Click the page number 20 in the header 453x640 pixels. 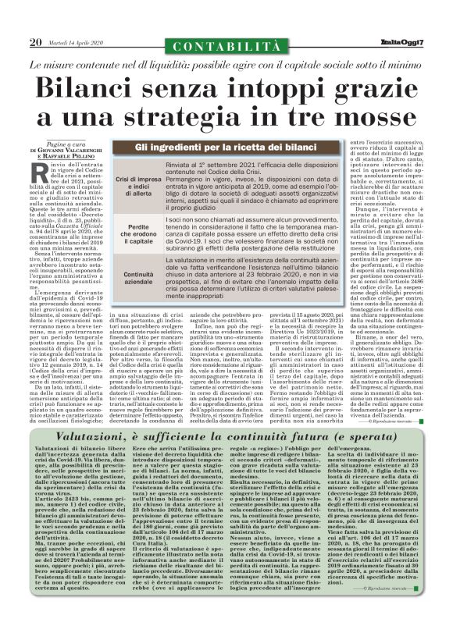pyautogui.click(x=36, y=41)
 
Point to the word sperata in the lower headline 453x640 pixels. pyautogui.click(x=389, y=396)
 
